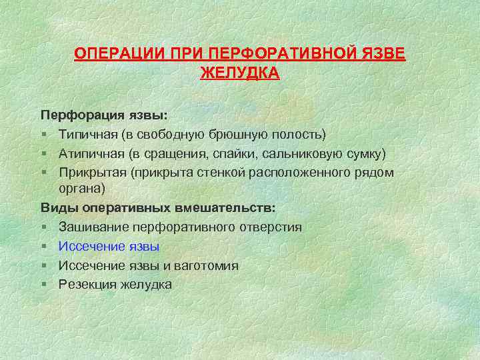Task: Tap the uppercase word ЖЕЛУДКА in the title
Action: (240, 73)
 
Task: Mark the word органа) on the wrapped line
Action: (82, 189)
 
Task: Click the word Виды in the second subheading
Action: (57, 208)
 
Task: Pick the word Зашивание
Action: (91, 227)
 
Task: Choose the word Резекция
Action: (87, 285)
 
